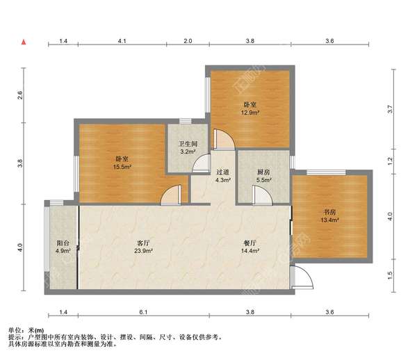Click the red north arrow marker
[24, 42]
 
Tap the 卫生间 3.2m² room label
[188, 148]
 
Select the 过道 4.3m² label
[223, 176]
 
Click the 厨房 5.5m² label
[263, 176]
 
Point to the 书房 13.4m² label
[329, 216]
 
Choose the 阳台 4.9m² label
[63, 247]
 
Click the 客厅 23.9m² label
[143, 247]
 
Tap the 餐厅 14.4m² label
[250, 247]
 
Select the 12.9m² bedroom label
[250, 108]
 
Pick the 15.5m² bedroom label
[122, 163]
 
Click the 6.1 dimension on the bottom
[143, 312]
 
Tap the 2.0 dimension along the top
[188, 41]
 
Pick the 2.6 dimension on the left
[19, 95]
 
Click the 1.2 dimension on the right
[390, 161]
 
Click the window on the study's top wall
[326, 172]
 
